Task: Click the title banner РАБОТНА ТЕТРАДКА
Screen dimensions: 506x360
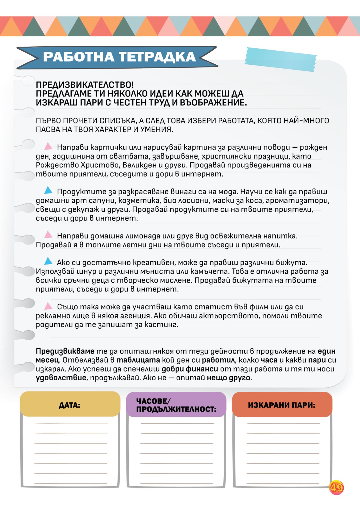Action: [x=119, y=57]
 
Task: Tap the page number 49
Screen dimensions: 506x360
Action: [x=336, y=487]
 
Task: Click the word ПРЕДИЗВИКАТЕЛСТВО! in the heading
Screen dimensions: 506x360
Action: [x=85, y=85]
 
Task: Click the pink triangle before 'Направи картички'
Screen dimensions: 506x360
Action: [x=48, y=146]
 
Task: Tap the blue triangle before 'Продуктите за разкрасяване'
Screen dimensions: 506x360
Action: [x=48, y=190]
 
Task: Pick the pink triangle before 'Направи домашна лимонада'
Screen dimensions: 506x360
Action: [x=48, y=234]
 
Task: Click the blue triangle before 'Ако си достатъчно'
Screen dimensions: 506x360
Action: [x=48, y=261]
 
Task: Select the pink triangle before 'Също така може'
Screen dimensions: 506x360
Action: [x=48, y=306]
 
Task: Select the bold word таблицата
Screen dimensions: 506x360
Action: [x=138, y=360]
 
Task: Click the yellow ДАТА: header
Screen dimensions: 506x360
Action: [x=70, y=405]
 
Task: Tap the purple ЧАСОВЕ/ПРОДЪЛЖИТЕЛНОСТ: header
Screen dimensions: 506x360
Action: [x=176, y=405]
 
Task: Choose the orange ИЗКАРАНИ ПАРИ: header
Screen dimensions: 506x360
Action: [x=282, y=405]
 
